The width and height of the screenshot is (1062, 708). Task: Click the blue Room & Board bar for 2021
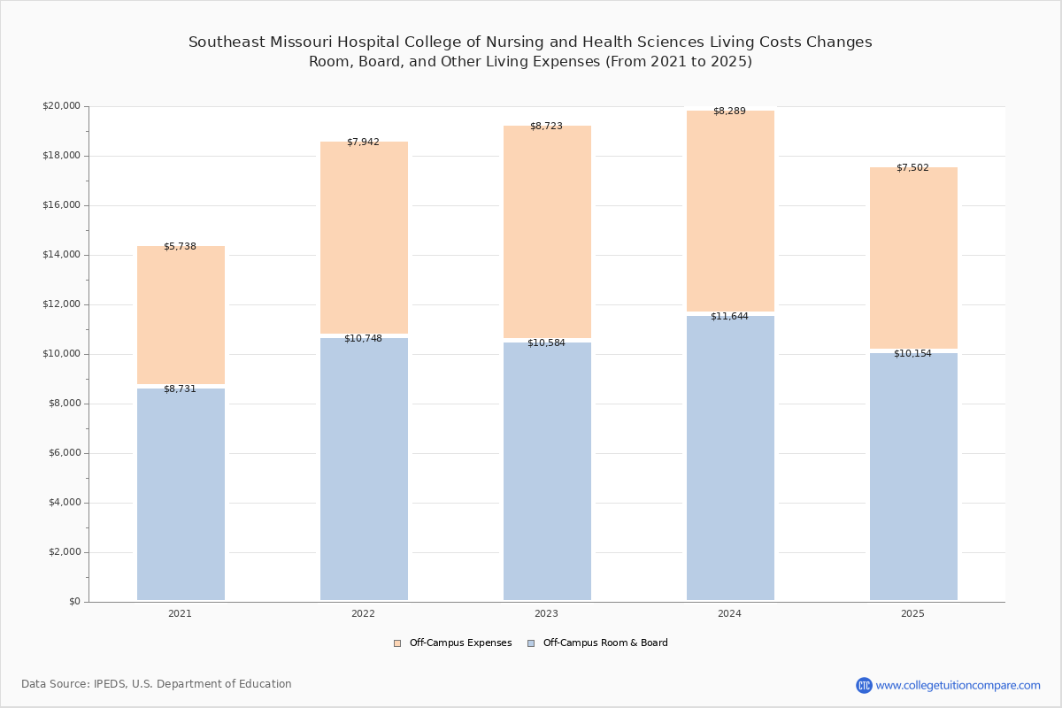[x=181, y=494]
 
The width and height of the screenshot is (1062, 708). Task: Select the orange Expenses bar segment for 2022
[x=364, y=237]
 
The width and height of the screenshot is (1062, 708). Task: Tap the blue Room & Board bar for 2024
[x=730, y=458]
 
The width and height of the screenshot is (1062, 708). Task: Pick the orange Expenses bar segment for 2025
[x=913, y=258]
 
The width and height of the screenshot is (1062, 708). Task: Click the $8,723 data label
[x=546, y=127]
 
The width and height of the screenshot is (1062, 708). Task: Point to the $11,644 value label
[x=729, y=316]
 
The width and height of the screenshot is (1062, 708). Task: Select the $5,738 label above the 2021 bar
[x=180, y=247]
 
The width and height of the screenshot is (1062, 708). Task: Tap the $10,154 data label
[x=912, y=354]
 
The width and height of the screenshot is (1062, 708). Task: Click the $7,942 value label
[x=363, y=142]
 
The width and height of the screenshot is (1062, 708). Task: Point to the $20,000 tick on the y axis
[x=62, y=105]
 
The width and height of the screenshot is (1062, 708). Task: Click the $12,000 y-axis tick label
[x=62, y=304]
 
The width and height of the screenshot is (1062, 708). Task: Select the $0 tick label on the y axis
[x=75, y=601]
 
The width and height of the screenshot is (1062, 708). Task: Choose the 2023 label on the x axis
[x=546, y=613]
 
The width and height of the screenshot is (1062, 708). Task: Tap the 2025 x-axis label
[x=912, y=613]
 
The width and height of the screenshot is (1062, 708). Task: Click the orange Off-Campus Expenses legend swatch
[x=397, y=643]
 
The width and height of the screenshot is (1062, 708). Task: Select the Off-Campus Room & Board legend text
[x=605, y=643]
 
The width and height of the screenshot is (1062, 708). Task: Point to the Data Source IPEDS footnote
[x=157, y=684]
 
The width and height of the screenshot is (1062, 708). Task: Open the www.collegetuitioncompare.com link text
[x=958, y=685]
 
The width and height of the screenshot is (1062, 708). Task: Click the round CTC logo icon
[x=864, y=685]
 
